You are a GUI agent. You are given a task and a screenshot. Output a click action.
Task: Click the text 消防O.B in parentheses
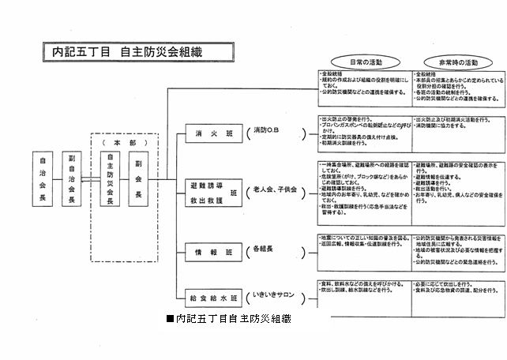(268, 129)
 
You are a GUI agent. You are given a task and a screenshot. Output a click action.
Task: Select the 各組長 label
(265, 249)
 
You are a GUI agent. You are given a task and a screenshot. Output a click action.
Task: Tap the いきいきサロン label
(272, 295)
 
